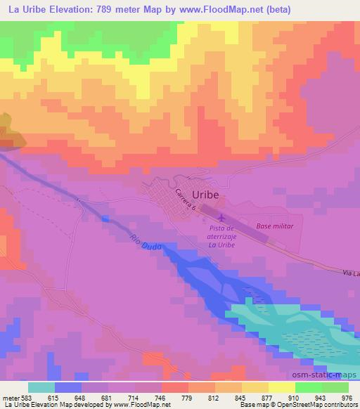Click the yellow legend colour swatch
click(281, 387)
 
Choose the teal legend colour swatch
click(41, 387)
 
